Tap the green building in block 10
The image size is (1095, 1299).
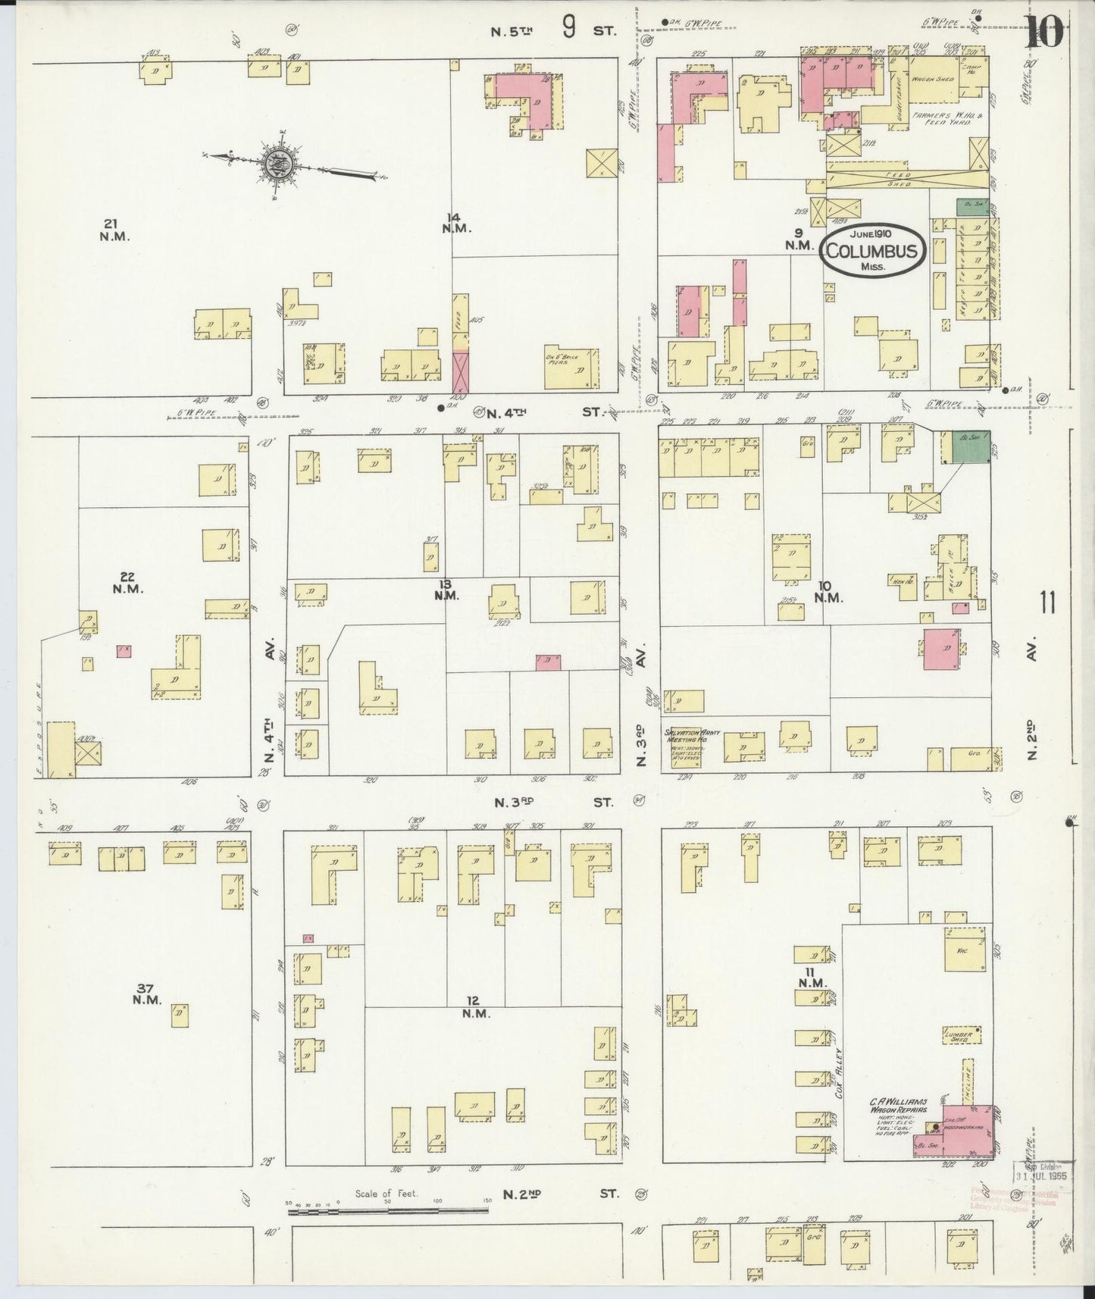tap(965, 447)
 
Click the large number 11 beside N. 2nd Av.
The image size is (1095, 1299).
tap(1048, 604)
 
